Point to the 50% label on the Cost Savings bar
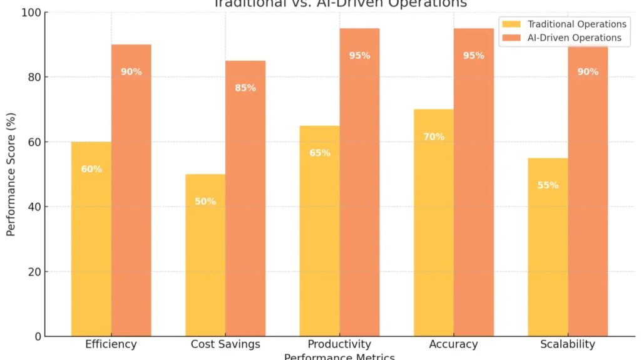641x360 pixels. click(x=205, y=202)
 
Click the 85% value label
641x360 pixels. click(x=245, y=88)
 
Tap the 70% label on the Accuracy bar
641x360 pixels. click(x=434, y=136)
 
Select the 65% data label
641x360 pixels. click(x=320, y=153)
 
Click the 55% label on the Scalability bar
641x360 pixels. click(x=548, y=185)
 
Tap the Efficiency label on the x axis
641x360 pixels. click(x=111, y=344)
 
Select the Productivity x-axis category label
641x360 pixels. click(x=339, y=344)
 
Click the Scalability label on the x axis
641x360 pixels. click(x=567, y=344)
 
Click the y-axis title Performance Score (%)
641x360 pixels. click(x=11, y=174)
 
